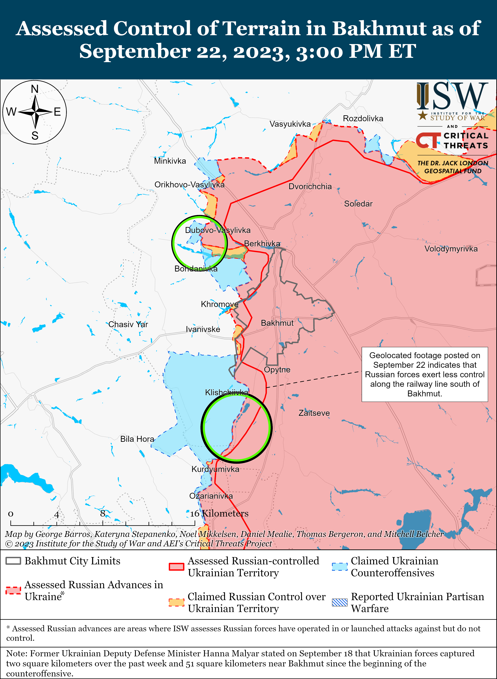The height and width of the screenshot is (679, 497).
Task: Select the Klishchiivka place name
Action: [226, 392]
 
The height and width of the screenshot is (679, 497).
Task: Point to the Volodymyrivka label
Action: [451, 249]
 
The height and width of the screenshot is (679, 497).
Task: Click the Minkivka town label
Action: [170, 161]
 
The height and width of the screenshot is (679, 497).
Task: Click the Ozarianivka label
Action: [211, 496]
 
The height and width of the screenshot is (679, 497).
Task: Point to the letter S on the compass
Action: [35, 136]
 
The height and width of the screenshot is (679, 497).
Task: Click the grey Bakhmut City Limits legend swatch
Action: [13, 561]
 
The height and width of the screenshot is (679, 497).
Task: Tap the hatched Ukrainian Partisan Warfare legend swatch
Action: [340, 602]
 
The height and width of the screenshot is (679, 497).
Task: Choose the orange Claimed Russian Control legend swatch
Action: [176, 602]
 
